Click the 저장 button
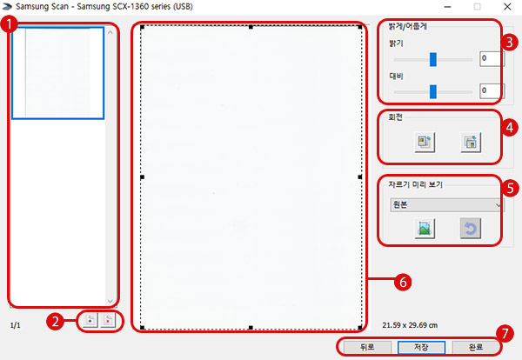421,347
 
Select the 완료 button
476,347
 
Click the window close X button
507,7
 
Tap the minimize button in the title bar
448,7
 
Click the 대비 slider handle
432,92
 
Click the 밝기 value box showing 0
492,59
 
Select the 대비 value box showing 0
492,91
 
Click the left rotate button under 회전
425,142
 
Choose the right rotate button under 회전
471,142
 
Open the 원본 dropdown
447,205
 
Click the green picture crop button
425,228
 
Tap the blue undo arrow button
471,228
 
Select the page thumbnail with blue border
58,73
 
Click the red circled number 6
403,282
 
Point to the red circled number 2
55,321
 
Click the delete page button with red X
108,320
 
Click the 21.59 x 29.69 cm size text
410,325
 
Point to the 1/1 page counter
16,325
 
